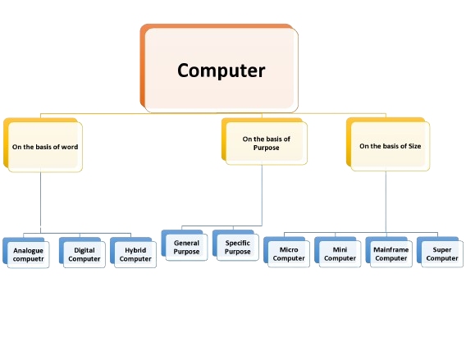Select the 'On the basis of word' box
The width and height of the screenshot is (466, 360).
point(44,148)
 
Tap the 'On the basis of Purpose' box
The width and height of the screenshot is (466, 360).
point(266,144)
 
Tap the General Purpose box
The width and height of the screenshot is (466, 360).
point(186,247)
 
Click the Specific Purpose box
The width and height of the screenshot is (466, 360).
point(238,247)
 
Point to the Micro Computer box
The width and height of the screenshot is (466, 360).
point(288,253)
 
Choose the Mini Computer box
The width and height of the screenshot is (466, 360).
point(340,253)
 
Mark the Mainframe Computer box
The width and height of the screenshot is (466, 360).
point(391,253)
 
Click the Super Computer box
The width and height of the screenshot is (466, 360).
point(441,253)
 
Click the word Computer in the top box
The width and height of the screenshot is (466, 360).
point(222,71)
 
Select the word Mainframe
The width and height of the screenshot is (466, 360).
point(391,248)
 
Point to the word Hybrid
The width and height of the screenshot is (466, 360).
point(135,248)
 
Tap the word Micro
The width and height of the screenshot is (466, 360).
point(288,248)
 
